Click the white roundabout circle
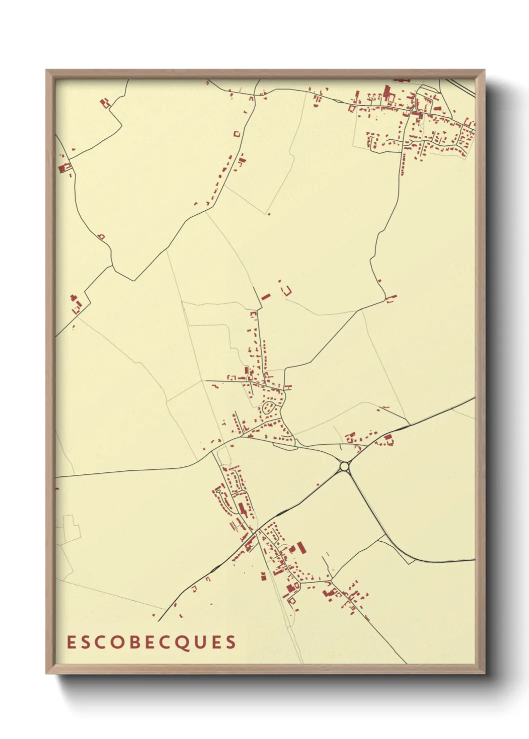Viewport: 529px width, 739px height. tap(344, 466)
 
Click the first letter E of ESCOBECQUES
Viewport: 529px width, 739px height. tap(71, 642)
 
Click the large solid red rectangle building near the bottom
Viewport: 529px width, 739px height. tap(301, 547)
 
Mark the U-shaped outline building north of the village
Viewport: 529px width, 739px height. tap(287, 290)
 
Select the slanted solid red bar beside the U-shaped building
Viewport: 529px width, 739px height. tap(265, 297)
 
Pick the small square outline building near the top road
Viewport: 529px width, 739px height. tap(237, 134)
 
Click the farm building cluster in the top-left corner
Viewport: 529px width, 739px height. tap(105, 103)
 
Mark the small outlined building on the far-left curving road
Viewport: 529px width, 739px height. tap(101, 236)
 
